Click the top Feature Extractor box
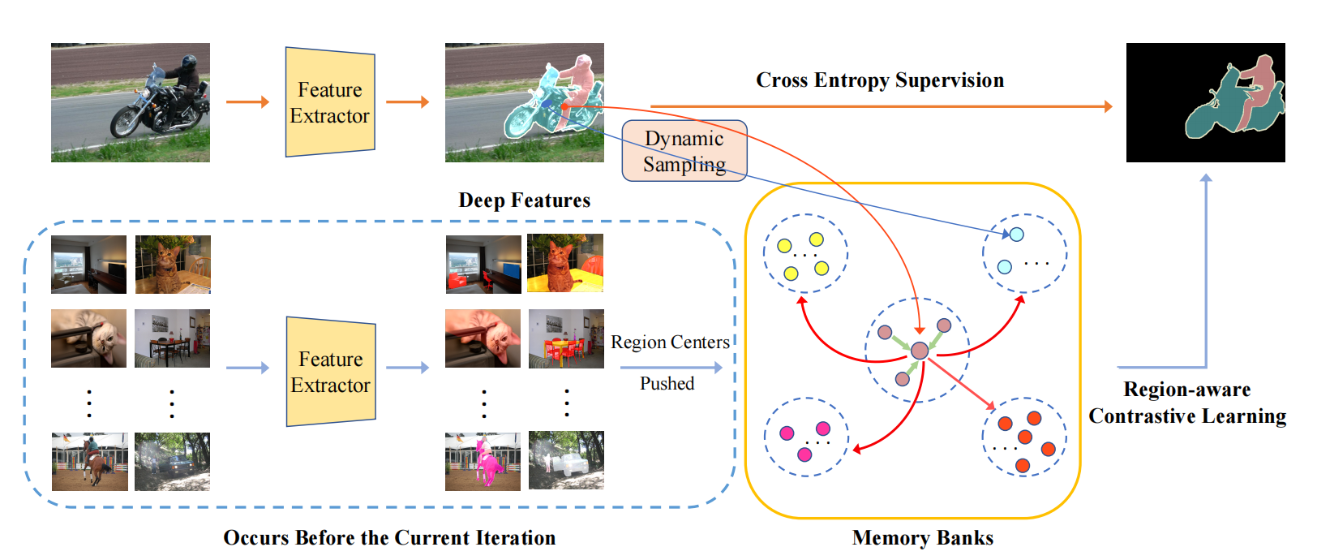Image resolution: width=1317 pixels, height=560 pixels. [330, 102]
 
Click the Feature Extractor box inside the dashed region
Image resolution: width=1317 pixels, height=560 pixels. [331, 372]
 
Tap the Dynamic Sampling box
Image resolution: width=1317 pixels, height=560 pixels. [684, 151]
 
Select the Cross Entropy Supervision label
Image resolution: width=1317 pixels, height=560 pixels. [880, 80]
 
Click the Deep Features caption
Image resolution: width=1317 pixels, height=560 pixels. [524, 200]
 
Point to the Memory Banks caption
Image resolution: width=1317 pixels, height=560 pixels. [922, 538]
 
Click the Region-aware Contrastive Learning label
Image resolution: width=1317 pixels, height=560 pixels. [1187, 403]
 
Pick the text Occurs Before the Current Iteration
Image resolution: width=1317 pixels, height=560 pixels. [389, 538]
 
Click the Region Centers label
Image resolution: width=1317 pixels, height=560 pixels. [670, 342]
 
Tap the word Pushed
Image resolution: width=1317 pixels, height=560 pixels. [667, 384]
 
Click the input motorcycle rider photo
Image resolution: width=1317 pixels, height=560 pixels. [130, 102]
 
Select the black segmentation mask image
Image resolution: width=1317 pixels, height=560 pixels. [1205, 102]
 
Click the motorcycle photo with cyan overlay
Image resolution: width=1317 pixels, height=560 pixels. [524, 102]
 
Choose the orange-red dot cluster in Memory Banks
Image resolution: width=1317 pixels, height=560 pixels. [1024, 437]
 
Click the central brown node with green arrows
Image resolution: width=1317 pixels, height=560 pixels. [920, 351]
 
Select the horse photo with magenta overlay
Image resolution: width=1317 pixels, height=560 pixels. [483, 461]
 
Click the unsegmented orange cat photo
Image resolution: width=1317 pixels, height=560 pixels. [173, 265]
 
